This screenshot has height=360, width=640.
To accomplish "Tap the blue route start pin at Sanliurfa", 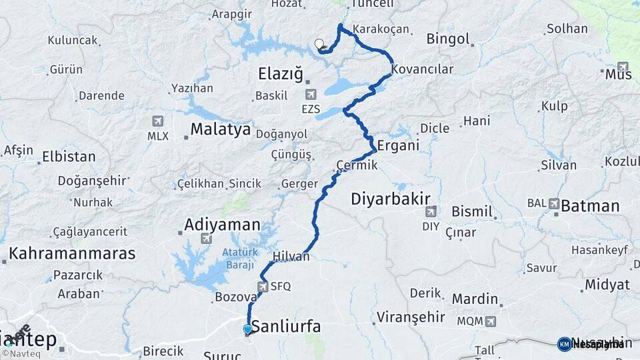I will click(x=248, y=329).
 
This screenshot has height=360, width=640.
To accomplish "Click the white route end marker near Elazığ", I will click(x=319, y=45).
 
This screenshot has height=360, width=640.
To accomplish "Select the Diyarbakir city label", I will click(x=391, y=198).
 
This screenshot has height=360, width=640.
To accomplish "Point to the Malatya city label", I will click(x=221, y=129).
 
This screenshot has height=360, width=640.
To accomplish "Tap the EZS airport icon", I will click(x=310, y=95).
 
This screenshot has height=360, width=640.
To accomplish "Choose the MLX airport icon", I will click(x=158, y=121).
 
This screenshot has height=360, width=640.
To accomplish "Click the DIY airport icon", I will click(x=431, y=212).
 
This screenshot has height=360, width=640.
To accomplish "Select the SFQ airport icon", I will click(x=262, y=287).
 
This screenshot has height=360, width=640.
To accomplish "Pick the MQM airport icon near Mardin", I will click(x=491, y=321).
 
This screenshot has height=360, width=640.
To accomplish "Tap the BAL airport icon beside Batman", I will click(x=554, y=203).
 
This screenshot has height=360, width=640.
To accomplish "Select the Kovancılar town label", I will click(x=423, y=69).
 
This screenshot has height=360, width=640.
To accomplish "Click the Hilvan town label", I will click(x=291, y=256).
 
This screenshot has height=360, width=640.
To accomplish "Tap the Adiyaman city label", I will click(x=222, y=224).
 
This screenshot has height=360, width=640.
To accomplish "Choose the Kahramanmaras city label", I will click(x=72, y=253).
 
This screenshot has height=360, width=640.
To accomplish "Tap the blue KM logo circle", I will click(x=564, y=344).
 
